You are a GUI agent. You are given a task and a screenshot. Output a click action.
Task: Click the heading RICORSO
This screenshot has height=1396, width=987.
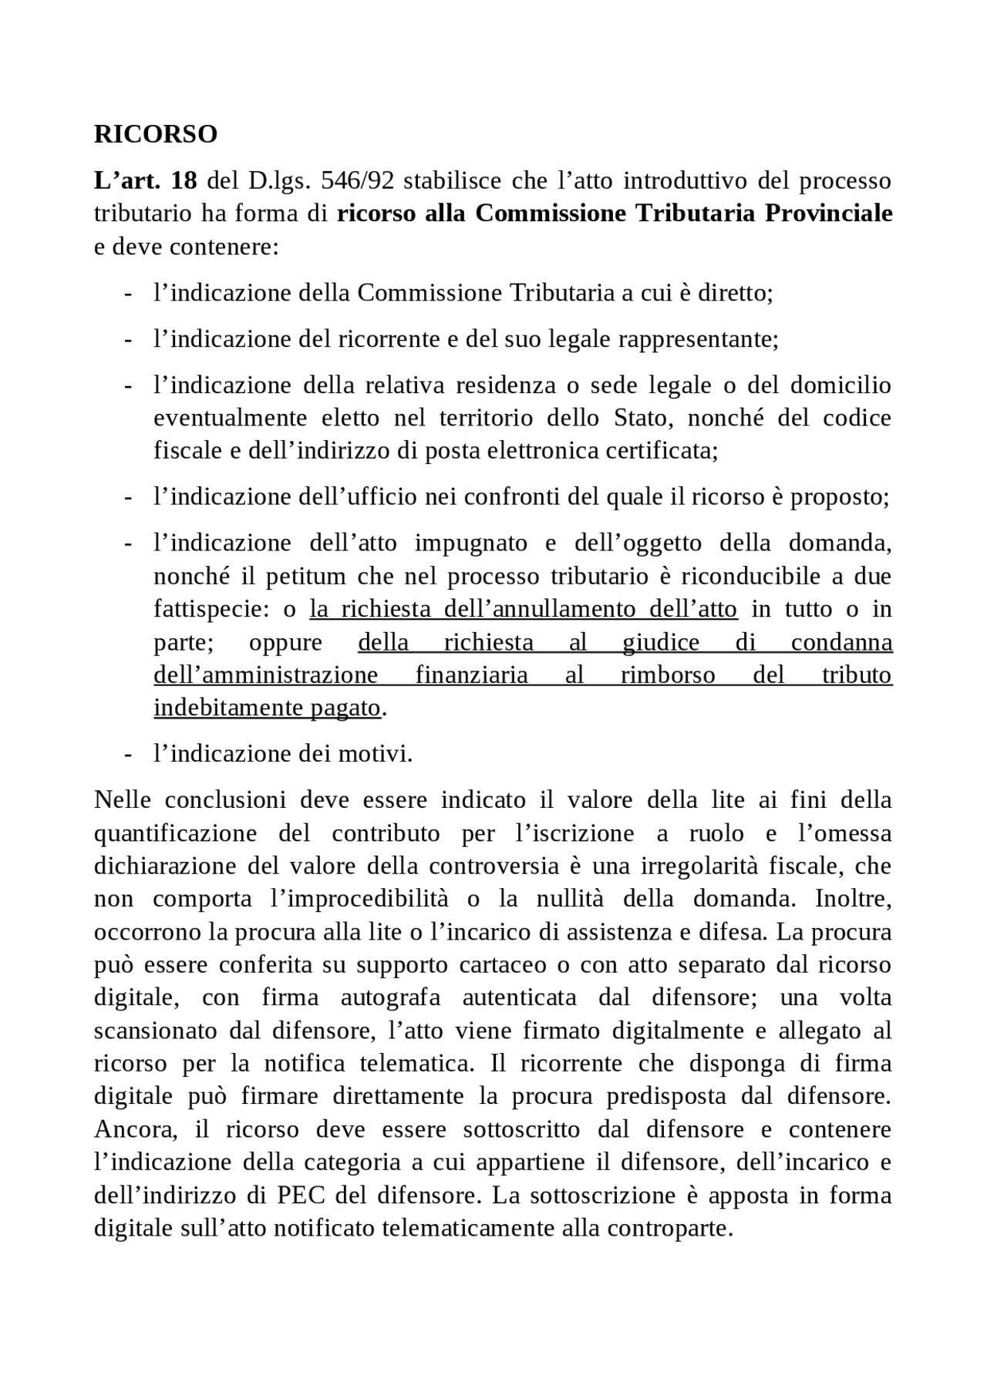(x=155, y=134)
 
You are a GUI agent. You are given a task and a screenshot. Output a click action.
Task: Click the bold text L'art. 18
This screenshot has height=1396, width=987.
(x=145, y=181)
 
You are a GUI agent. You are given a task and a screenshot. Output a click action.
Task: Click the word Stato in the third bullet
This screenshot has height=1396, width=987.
(x=644, y=418)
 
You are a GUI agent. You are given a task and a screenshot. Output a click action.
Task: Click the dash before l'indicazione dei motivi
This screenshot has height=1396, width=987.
(x=128, y=754)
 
